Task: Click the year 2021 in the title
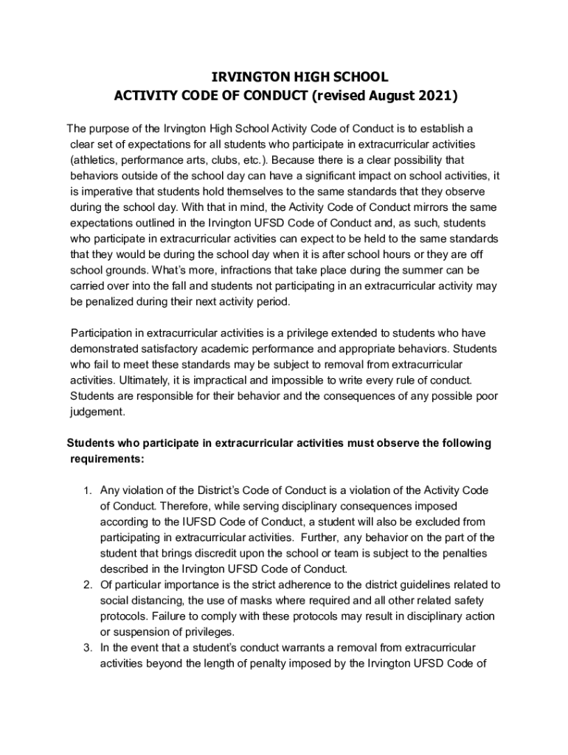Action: (x=437, y=96)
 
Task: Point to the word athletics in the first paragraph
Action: (x=97, y=160)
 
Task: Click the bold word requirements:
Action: (x=107, y=459)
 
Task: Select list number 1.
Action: (x=86, y=490)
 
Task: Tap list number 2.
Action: (x=86, y=585)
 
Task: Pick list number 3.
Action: (x=86, y=647)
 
